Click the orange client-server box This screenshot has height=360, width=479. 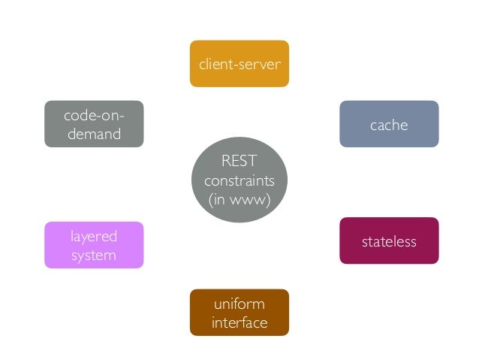point(239,63)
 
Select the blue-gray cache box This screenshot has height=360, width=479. point(388,124)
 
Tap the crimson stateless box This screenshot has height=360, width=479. point(388,241)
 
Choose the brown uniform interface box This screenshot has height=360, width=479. point(239,313)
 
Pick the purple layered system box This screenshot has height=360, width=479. point(94,245)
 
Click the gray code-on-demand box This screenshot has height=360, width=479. point(94,124)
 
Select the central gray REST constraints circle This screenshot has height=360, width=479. point(239,180)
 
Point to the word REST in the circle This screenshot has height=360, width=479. point(239,162)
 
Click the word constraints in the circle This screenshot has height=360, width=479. point(239,181)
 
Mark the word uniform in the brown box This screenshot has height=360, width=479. point(239,304)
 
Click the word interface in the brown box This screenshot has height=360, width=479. point(239,323)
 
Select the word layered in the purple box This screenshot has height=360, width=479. point(94,236)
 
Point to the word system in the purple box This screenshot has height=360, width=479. point(94,256)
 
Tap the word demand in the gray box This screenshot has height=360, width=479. point(94,135)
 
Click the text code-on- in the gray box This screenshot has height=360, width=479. point(94,115)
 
